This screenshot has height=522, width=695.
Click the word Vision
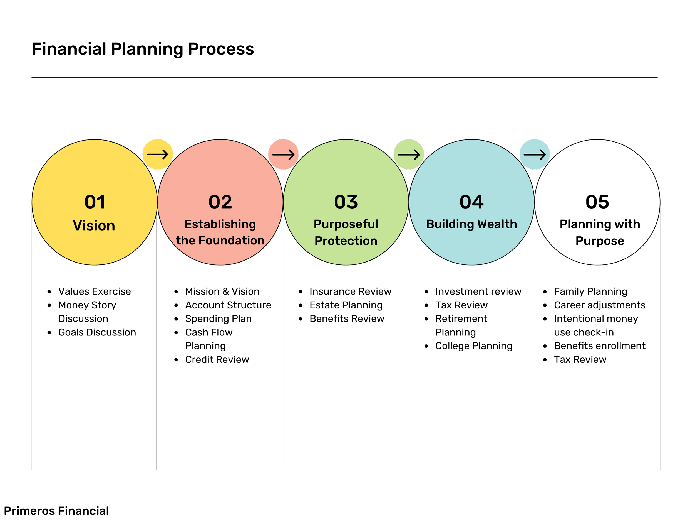click(x=94, y=226)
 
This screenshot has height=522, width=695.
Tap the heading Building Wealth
click(x=471, y=224)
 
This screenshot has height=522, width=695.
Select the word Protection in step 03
click(x=346, y=241)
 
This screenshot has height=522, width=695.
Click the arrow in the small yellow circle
click(x=158, y=155)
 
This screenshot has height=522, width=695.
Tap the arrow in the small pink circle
click(x=283, y=155)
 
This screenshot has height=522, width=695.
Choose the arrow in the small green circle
click(x=409, y=155)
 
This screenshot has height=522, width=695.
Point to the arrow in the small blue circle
click(x=534, y=155)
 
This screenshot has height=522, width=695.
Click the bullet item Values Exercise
click(x=95, y=291)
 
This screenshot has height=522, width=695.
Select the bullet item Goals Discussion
click(x=97, y=332)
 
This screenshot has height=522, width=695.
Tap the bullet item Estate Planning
click(x=346, y=305)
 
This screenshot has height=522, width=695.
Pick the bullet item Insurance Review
click(x=350, y=291)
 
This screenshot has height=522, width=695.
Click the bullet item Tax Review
click(x=580, y=359)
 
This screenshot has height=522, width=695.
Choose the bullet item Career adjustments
click(x=599, y=305)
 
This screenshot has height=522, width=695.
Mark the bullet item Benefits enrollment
click(x=599, y=346)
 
